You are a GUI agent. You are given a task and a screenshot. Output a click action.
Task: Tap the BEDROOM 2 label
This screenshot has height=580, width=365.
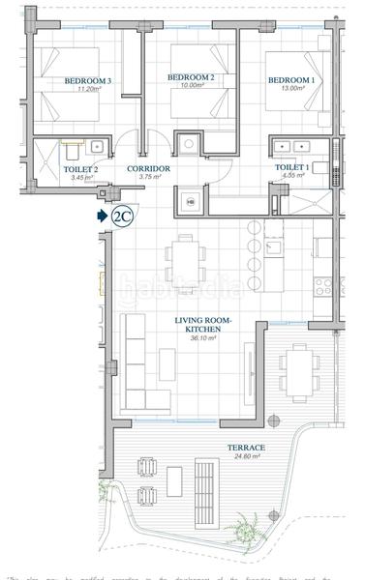190,76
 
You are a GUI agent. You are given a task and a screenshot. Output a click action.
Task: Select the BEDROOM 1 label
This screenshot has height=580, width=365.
291,79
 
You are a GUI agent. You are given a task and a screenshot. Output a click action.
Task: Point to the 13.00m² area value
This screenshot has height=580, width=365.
291,88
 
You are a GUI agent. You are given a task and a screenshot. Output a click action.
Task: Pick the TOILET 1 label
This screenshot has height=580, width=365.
291,167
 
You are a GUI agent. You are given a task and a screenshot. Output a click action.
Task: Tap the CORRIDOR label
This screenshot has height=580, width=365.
149,168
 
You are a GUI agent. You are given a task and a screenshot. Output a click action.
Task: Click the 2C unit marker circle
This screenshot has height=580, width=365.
123,217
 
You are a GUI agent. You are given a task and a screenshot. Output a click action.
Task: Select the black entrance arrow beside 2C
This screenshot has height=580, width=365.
103,217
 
